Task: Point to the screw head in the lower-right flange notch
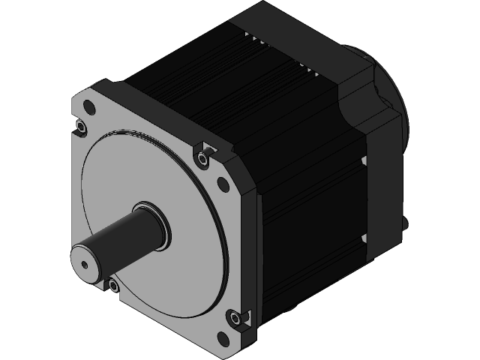238,319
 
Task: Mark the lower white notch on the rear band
363,238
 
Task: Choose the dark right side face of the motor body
307,210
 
